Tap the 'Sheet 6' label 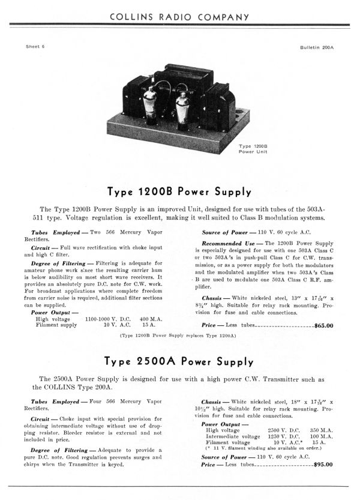point(36,46)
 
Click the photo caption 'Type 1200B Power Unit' point(253,148)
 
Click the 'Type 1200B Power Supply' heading point(179,193)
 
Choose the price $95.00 point(323,464)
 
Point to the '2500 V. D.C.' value point(287,430)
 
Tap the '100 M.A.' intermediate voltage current point(322,436)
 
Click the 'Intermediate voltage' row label point(229,436)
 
